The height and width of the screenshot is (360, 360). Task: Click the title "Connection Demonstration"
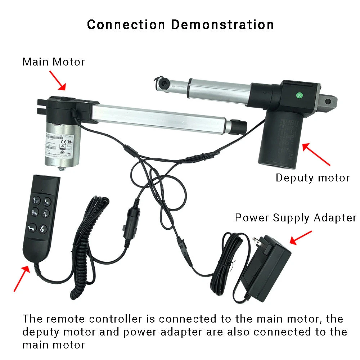click(x=180, y=24)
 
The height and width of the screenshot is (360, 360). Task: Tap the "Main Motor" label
click(x=53, y=62)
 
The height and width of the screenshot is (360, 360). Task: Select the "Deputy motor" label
click(x=312, y=178)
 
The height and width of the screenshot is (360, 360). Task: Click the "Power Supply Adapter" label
click(x=295, y=218)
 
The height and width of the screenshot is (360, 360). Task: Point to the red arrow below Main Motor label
click(x=58, y=80)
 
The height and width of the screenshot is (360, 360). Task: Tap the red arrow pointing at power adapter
click(x=301, y=238)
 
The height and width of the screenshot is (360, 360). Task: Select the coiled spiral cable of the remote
click(x=88, y=245)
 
